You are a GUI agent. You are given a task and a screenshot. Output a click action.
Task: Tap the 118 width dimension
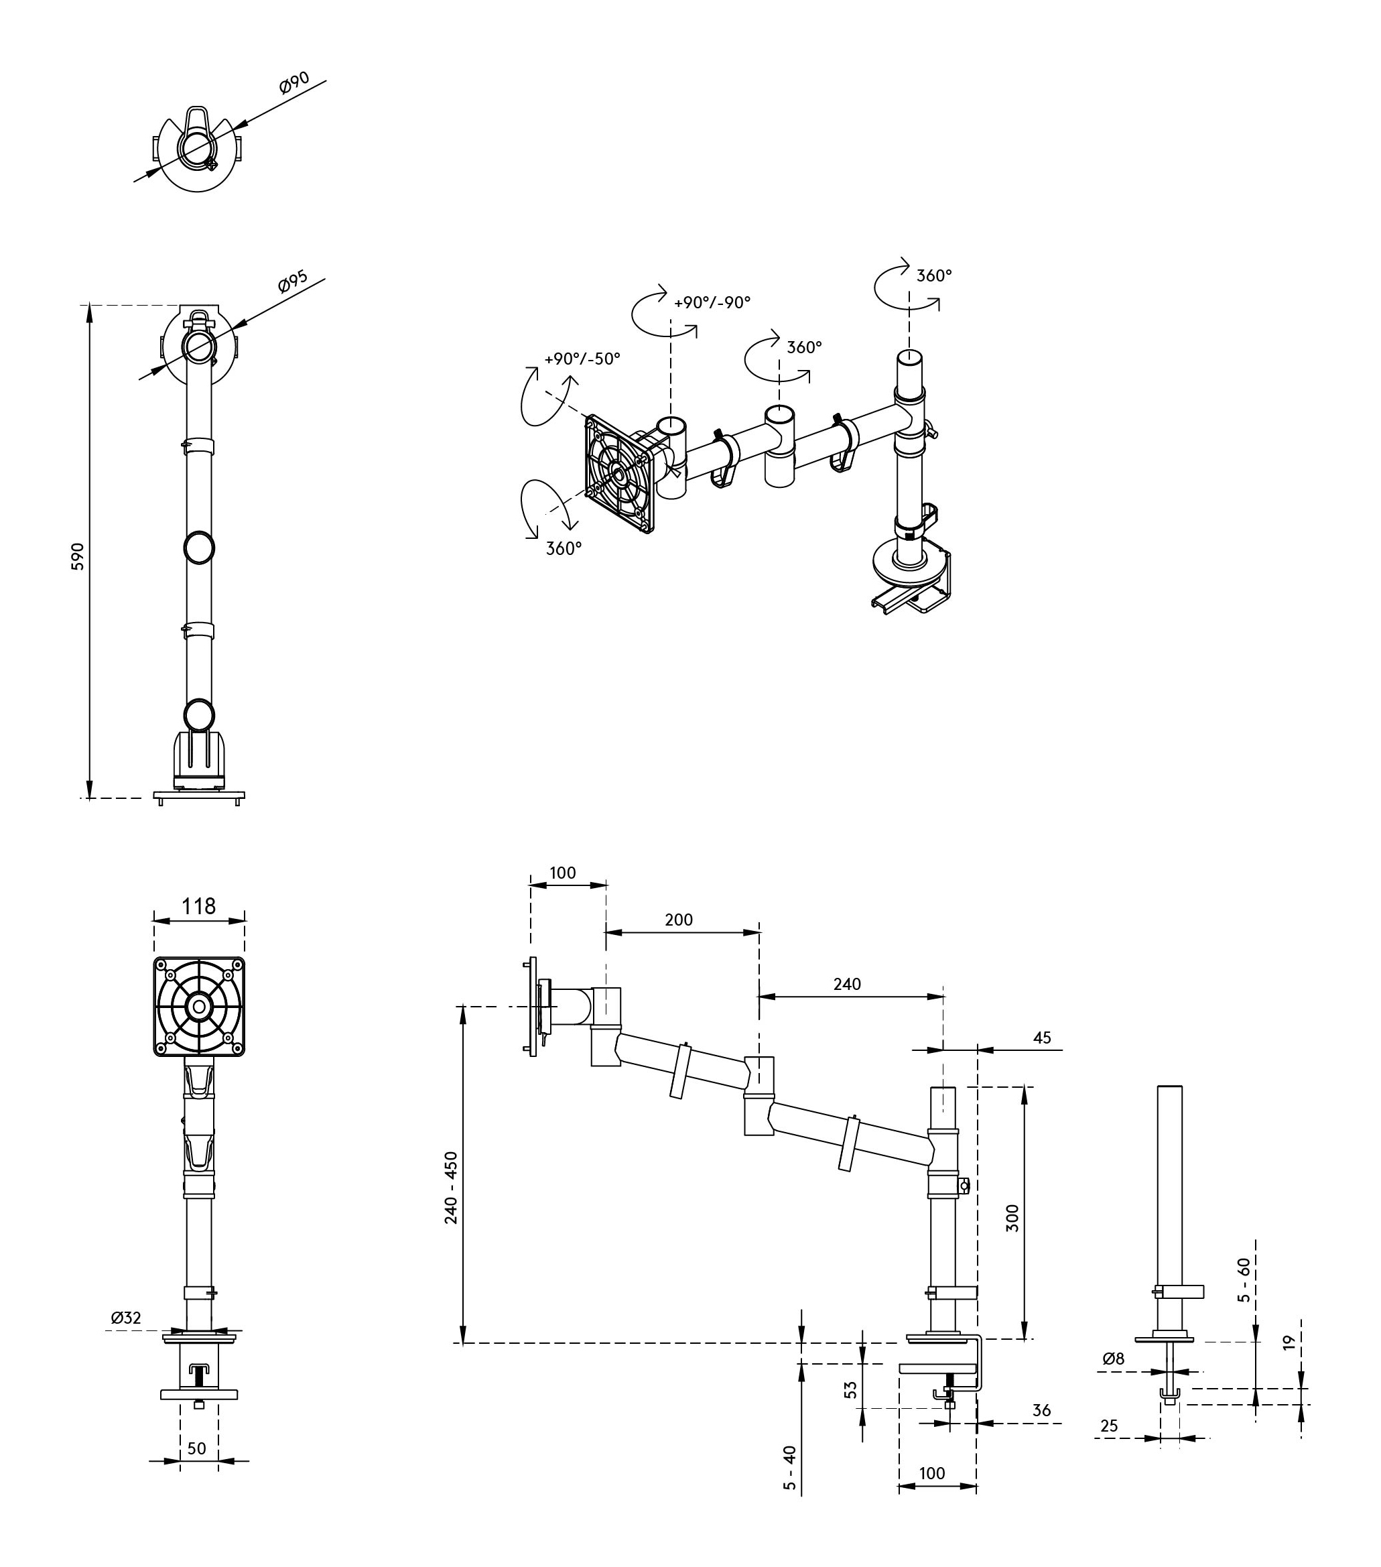click(x=198, y=906)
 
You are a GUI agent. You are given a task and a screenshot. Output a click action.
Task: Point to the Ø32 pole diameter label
click(x=126, y=1318)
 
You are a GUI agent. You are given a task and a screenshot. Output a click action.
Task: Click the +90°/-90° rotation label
click(x=712, y=302)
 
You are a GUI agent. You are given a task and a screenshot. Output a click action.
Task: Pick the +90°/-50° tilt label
click(x=582, y=359)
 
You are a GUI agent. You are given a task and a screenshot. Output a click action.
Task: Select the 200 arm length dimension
click(x=679, y=919)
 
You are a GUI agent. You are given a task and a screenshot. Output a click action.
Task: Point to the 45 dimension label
click(x=1042, y=1038)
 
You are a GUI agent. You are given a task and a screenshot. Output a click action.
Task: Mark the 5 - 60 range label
click(x=1244, y=1279)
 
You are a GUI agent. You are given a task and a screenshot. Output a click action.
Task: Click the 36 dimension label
click(x=1041, y=1411)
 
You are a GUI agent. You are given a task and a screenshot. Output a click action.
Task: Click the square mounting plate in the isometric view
click(x=619, y=474)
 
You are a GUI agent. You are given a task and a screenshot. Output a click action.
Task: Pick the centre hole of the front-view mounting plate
click(x=199, y=1006)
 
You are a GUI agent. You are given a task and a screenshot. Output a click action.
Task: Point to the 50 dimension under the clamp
click(x=197, y=1448)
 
